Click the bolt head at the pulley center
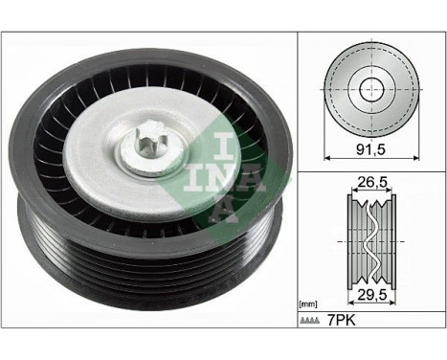[x=151, y=147]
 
